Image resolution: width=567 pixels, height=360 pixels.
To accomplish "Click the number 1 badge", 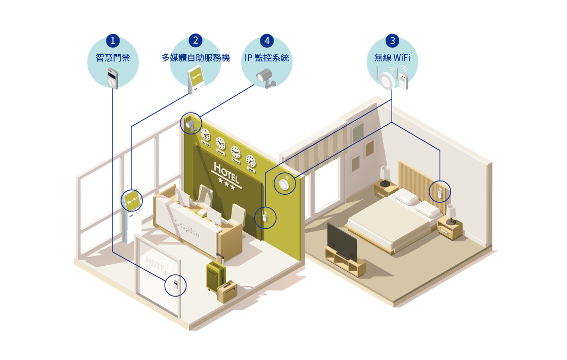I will (x=113, y=41).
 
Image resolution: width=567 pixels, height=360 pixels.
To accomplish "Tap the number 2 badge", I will (x=196, y=41).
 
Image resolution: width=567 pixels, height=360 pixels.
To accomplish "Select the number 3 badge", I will (x=392, y=41).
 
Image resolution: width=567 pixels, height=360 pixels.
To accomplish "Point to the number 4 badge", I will (x=267, y=41).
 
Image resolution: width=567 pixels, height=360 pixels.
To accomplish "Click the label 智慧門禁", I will (x=113, y=58).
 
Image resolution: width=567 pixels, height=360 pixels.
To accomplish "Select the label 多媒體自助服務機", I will (x=196, y=58).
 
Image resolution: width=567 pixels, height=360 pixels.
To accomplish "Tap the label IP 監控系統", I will (x=267, y=58).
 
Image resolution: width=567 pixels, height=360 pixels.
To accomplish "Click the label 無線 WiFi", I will (x=392, y=58).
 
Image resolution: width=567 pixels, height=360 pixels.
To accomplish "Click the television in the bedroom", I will (x=343, y=242).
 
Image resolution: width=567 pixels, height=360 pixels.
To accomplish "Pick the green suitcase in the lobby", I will (x=215, y=276).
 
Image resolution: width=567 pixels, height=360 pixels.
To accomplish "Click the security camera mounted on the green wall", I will (x=192, y=123).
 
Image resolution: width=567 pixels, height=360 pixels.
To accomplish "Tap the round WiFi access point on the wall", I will (x=284, y=183).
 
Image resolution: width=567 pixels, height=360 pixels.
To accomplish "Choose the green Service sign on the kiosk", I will (x=132, y=200).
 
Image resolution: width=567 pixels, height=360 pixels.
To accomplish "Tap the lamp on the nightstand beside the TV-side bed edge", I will (x=451, y=213).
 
